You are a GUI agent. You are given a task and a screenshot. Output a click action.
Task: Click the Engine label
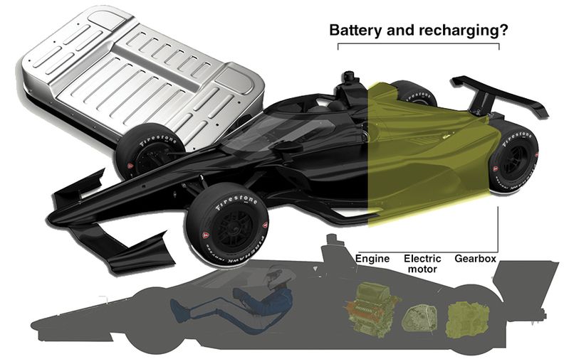tap(372, 259)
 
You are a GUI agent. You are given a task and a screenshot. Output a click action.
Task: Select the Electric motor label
tap(422, 264)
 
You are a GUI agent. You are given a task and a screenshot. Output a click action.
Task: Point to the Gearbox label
tap(475, 259)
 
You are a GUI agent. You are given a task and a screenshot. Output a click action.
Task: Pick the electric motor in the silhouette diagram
tap(418, 317)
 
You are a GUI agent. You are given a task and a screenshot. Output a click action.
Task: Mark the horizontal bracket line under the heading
tap(418, 45)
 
